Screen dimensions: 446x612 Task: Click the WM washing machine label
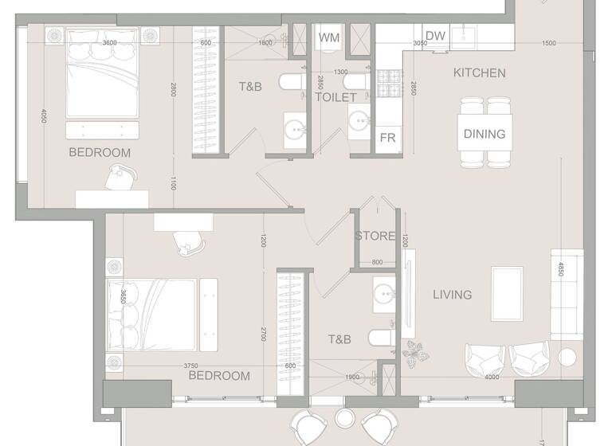[x=328, y=37]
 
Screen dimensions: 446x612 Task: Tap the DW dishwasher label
[x=435, y=36]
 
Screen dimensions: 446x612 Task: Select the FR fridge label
[x=388, y=138]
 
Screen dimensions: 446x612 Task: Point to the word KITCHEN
[x=479, y=73]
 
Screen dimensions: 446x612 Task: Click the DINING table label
[x=484, y=134]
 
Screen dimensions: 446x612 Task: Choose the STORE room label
[x=375, y=236]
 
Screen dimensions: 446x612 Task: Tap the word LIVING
[x=452, y=295]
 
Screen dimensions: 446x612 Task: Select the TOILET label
[x=335, y=97]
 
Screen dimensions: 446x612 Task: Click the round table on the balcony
[x=344, y=418]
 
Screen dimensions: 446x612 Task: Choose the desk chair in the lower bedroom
[x=188, y=242]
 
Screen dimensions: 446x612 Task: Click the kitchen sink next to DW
[x=463, y=37]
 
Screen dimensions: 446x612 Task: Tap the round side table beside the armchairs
[x=568, y=357]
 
